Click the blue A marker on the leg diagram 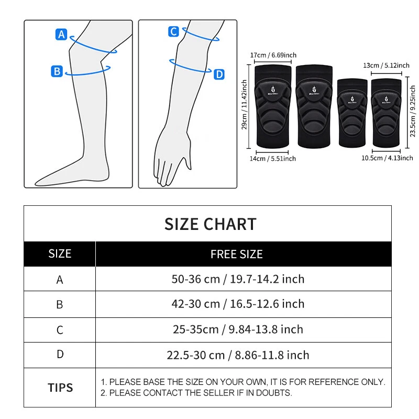[x=62, y=35]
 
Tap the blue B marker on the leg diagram [x=57, y=71]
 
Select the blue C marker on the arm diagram [x=174, y=32]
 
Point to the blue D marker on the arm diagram [x=219, y=75]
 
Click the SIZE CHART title [x=211, y=224]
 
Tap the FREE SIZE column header [x=237, y=255]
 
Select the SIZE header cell [x=60, y=254]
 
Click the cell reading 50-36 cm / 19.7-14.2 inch [x=238, y=279]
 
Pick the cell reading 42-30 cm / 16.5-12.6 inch [x=238, y=304]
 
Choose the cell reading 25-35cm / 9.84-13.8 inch [x=238, y=329]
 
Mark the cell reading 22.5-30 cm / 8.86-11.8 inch [x=238, y=355]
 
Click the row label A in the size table [x=60, y=280]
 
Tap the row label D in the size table [x=60, y=355]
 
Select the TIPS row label [x=60, y=388]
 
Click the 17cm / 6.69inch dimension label [x=273, y=55]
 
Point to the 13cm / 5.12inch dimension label [x=386, y=65]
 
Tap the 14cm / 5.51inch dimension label [x=272, y=158]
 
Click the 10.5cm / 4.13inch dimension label [x=387, y=158]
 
